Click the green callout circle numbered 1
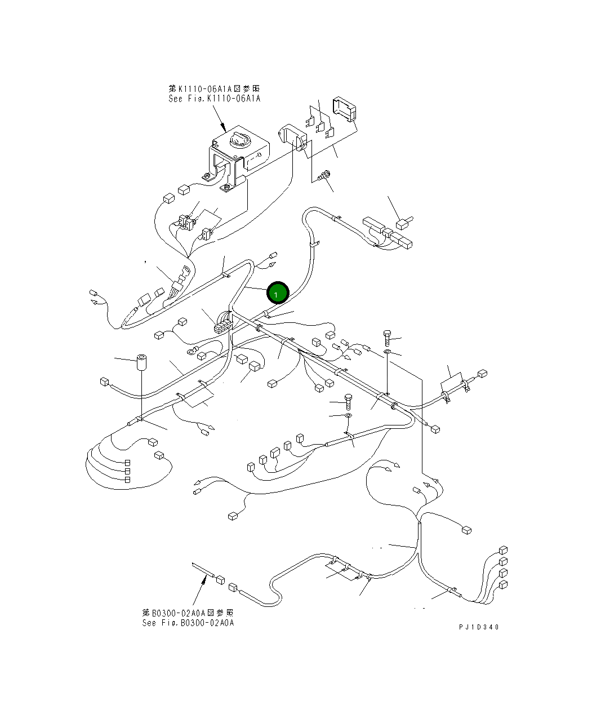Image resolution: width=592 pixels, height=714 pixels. pyautogui.click(x=277, y=293)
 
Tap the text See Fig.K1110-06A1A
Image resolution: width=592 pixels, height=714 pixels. pyautogui.click(x=214, y=99)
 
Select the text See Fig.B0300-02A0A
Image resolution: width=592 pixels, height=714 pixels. pyautogui.click(x=188, y=623)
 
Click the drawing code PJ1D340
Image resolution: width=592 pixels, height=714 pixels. pyautogui.click(x=479, y=627)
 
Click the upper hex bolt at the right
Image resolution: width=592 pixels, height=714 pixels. pyautogui.click(x=388, y=337)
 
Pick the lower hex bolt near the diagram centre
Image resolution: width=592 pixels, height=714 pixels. pyautogui.click(x=348, y=401)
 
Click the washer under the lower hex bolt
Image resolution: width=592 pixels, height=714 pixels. pyautogui.click(x=348, y=416)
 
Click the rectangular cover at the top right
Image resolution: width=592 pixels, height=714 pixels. pyautogui.click(x=345, y=110)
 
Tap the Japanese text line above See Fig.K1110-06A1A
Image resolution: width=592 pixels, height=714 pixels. pyautogui.click(x=214, y=89)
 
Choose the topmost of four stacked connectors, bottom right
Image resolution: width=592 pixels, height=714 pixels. pyautogui.click(x=503, y=551)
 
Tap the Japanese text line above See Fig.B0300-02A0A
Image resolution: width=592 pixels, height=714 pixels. pyautogui.click(x=188, y=613)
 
